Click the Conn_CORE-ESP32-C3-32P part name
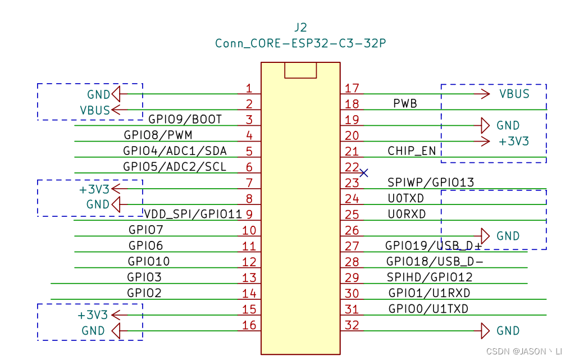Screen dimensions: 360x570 300,43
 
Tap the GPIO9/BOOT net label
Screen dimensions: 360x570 185,120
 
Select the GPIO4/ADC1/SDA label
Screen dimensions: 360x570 175,151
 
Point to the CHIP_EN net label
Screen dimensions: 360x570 412,151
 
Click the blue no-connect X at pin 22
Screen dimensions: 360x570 364,173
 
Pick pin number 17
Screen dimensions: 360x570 352,88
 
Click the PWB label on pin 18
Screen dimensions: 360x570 405,104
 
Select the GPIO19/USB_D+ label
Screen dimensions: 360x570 434,246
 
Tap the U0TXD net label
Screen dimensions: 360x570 405,198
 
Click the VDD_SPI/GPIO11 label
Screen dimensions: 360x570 193,214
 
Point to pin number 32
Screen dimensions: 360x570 352,325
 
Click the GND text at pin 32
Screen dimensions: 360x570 508,331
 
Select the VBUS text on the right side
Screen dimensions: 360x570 514,94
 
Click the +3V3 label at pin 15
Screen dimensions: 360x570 93,315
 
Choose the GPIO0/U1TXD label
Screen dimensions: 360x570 428,309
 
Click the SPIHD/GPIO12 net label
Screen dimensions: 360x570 430,277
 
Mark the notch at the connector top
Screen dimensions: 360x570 300,70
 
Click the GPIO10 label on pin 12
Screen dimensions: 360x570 148,262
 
